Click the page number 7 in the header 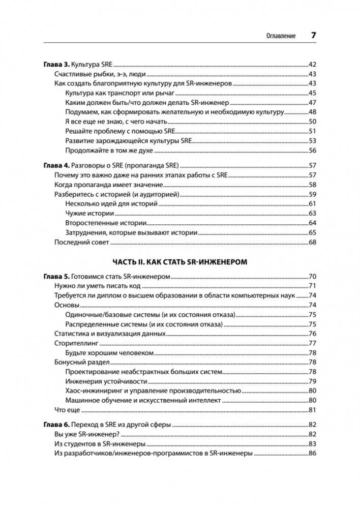coord(313,36)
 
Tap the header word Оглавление coord(281,37)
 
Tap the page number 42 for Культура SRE coord(313,65)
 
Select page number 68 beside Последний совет coord(313,242)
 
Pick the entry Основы coord(67,305)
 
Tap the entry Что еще coord(68,410)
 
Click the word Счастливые coord(74,74)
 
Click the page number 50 coord(313,121)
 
